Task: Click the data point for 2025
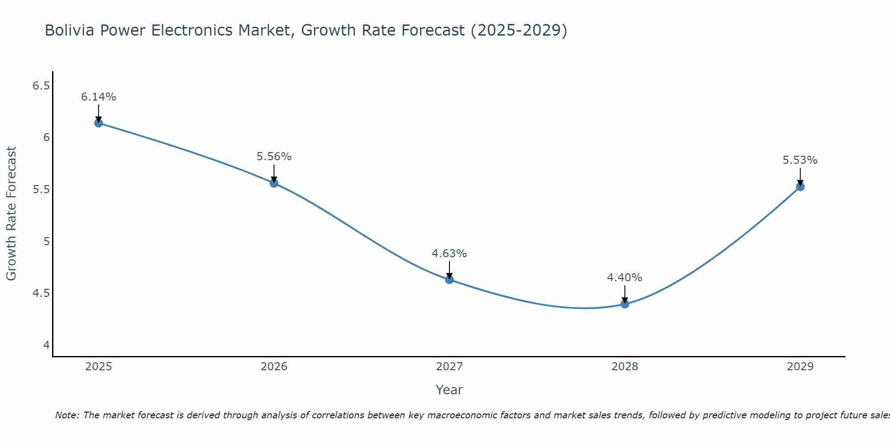[99, 123]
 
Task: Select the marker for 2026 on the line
[274, 183]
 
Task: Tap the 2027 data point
[449, 279]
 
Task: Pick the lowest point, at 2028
[625, 304]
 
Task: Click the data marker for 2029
[800, 186]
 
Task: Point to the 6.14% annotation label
[99, 97]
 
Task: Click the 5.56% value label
[274, 157]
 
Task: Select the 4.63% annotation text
[449, 254]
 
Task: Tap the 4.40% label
[625, 278]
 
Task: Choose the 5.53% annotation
[800, 160]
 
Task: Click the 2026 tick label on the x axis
[274, 367]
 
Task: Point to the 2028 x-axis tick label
[625, 367]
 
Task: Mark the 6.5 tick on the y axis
[41, 85]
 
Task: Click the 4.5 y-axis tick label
[41, 293]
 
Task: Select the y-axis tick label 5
[46, 242]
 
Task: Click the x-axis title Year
[449, 390]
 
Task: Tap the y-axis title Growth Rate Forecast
[12, 214]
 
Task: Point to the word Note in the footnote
[66, 415]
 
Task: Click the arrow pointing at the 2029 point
[800, 177]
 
